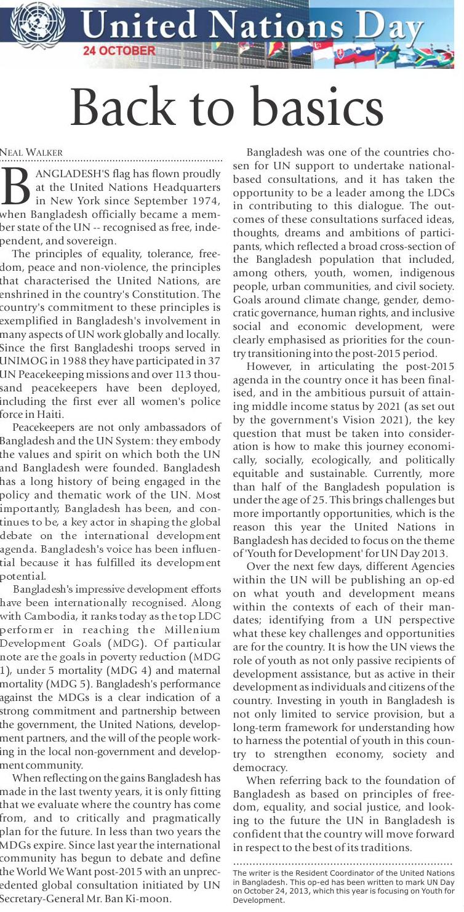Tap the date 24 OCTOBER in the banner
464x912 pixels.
(x=119, y=50)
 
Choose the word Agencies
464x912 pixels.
(x=430, y=567)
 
